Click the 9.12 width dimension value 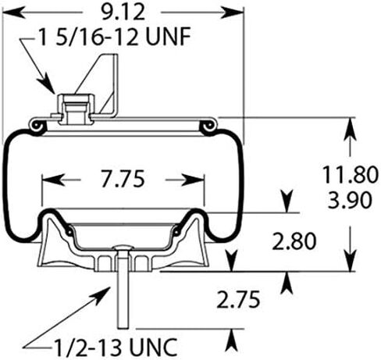123,12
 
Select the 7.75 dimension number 123,179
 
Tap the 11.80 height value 350,174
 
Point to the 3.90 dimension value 349,200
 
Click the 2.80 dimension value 294,241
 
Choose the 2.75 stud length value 238,300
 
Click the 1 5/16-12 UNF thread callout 114,37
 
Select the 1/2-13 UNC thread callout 116,347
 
